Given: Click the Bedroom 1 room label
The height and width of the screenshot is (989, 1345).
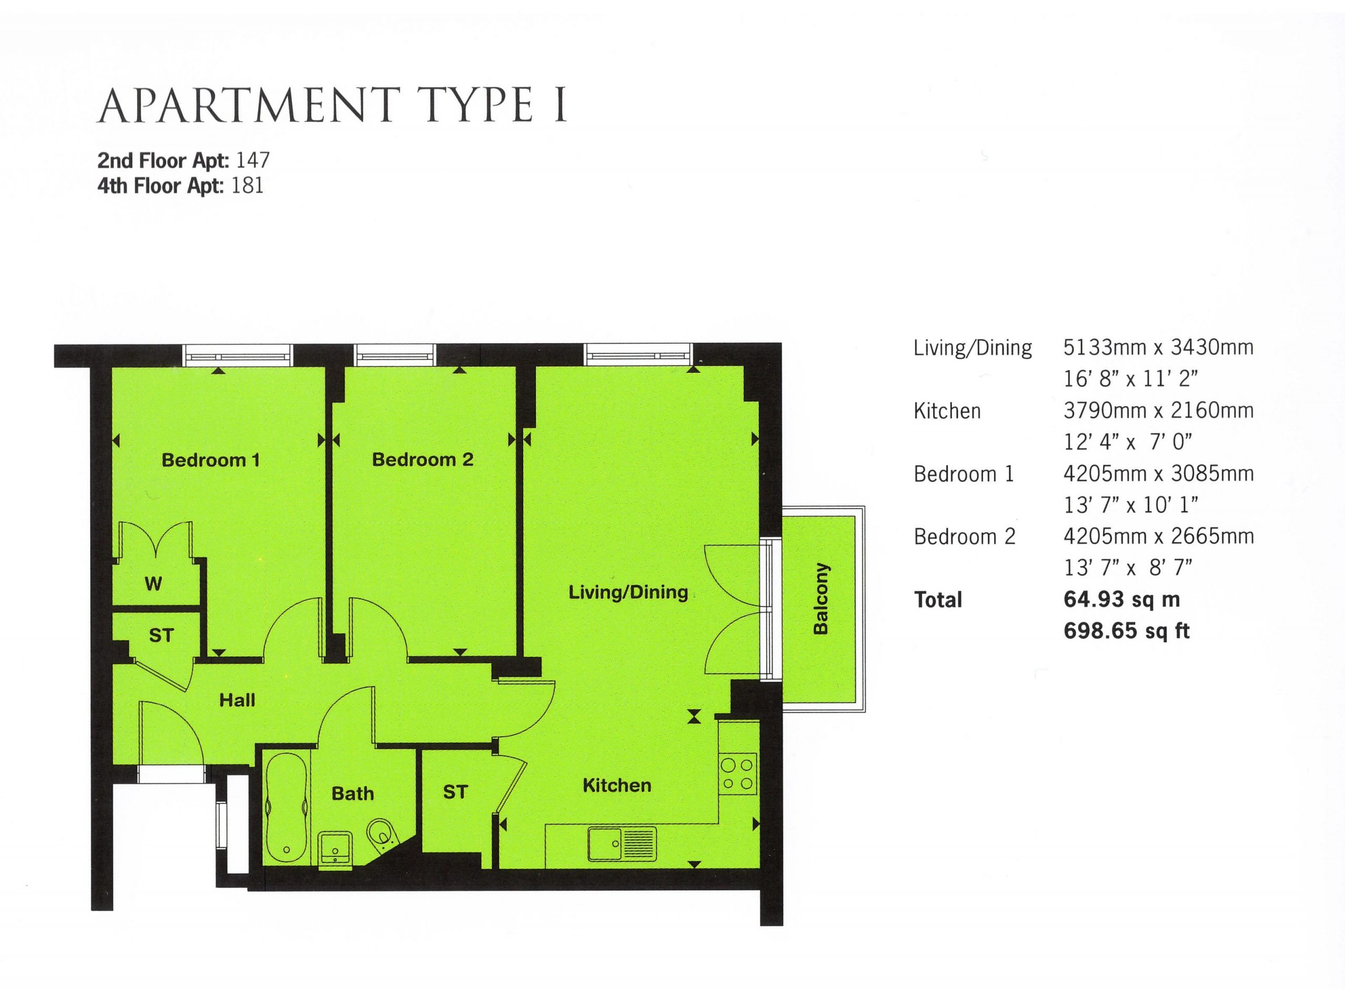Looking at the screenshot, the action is (211, 460).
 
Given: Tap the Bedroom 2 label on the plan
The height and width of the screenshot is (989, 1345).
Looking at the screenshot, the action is (422, 459).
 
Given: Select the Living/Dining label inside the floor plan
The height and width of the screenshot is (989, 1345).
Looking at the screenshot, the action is (628, 593).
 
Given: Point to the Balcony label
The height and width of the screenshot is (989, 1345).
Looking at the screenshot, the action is (821, 598).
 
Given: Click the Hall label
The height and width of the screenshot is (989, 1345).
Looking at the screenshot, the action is (237, 700).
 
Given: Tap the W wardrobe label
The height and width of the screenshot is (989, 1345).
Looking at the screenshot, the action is (153, 584).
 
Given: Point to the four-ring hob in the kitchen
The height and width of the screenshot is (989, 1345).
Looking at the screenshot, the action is (738, 774).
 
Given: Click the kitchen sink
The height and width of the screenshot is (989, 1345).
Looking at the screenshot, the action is (622, 844).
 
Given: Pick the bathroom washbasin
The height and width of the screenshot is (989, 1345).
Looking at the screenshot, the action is (335, 847).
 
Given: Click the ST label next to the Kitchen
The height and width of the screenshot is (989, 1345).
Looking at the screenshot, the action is (455, 792).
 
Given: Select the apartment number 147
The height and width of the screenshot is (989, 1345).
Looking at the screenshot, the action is (253, 160).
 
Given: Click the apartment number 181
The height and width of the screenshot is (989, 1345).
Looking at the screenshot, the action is (247, 186).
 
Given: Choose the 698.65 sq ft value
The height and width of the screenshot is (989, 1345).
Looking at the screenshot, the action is (1126, 631).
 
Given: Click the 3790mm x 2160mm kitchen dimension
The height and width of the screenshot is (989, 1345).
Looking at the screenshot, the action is (1158, 411).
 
